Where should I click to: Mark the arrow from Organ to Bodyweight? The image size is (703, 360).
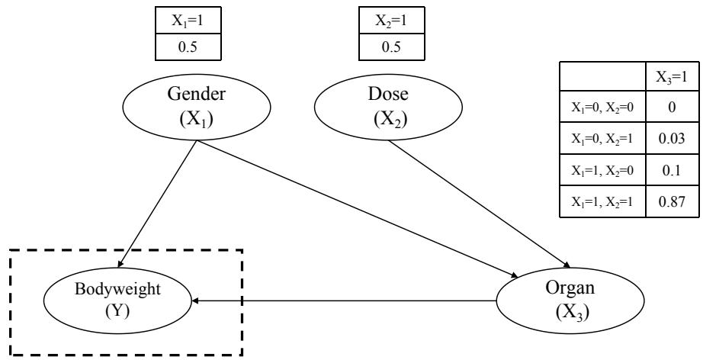[x=343, y=301]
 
